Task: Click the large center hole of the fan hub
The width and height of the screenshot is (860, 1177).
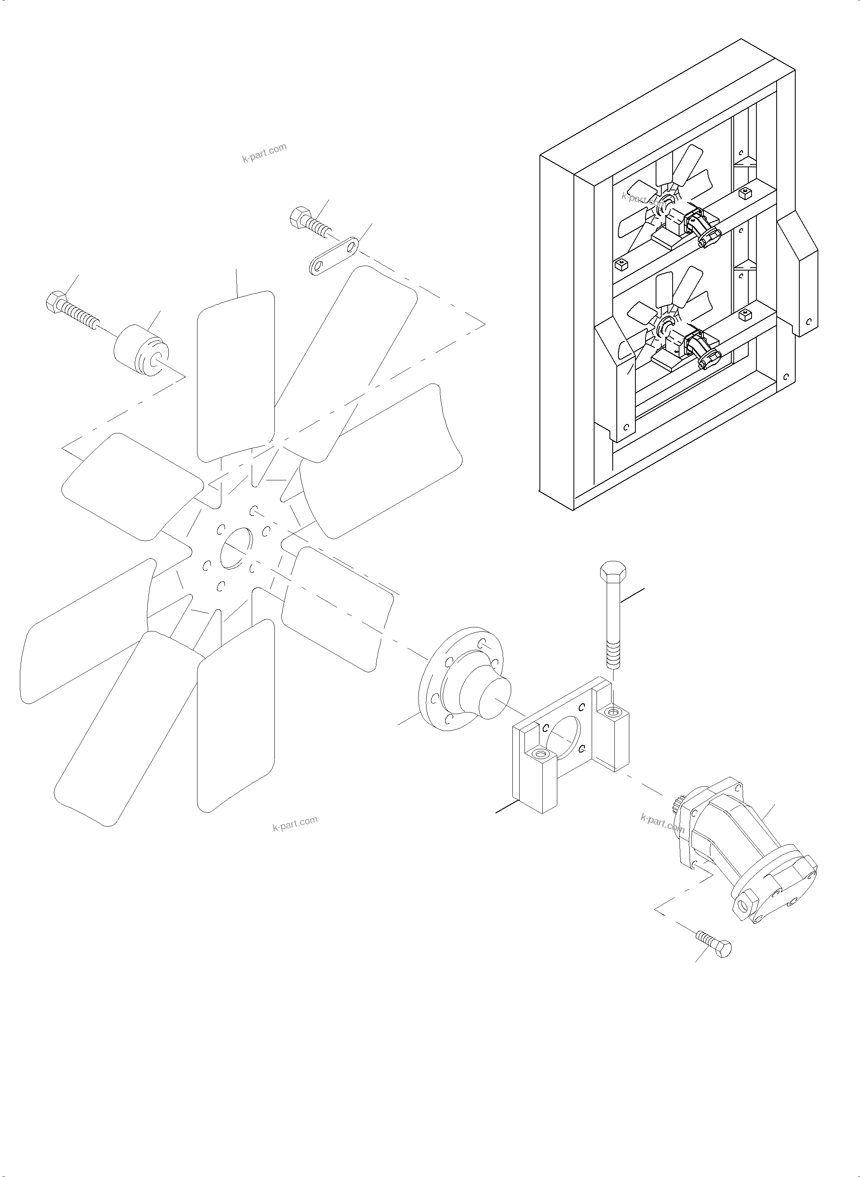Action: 236,549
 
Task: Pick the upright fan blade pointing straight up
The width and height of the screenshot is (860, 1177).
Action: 236,375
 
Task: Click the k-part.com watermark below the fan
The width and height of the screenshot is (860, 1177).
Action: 295,824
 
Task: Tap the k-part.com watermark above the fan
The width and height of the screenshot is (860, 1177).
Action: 264,153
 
